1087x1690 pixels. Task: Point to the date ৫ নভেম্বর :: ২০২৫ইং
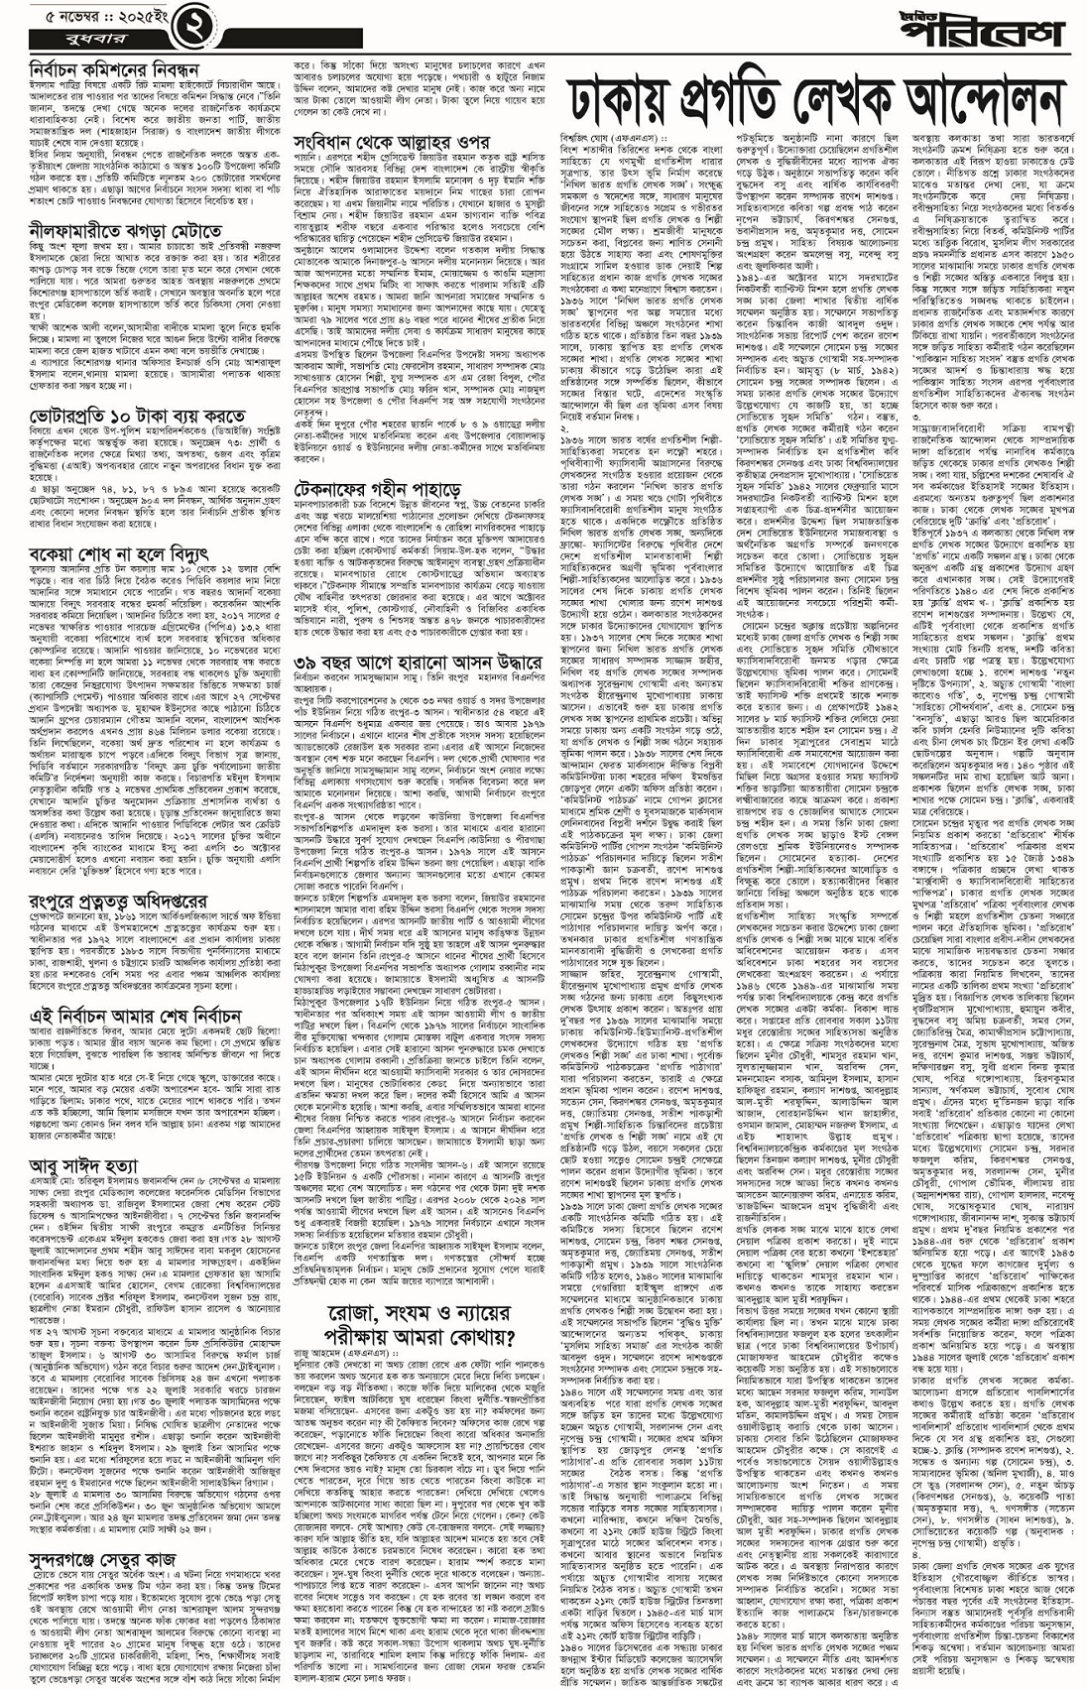point(84,17)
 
